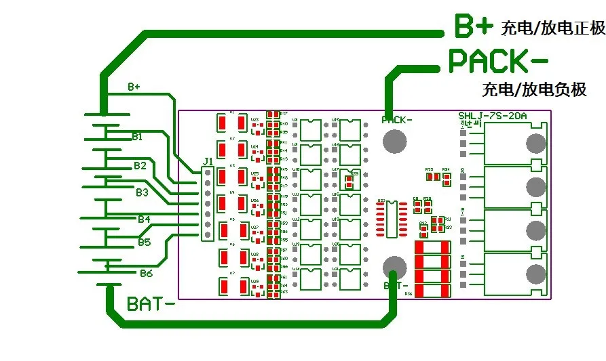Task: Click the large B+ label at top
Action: pos(472,27)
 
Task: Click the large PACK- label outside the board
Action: pos(498,60)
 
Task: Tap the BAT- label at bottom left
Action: pos(151,303)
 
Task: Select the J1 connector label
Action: pos(208,161)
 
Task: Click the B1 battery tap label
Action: pos(137,136)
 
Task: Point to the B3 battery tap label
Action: pos(141,192)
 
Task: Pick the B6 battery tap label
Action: pos(146,274)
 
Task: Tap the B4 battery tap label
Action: pos(144,219)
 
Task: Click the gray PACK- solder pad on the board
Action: pos(394,140)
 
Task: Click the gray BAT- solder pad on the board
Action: pos(394,266)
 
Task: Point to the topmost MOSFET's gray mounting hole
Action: pos(535,144)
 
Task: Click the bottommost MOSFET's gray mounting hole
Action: pos(535,274)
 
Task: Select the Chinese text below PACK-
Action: pos(534,89)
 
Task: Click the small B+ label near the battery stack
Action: pos(134,87)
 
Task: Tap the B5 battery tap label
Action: pos(144,242)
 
